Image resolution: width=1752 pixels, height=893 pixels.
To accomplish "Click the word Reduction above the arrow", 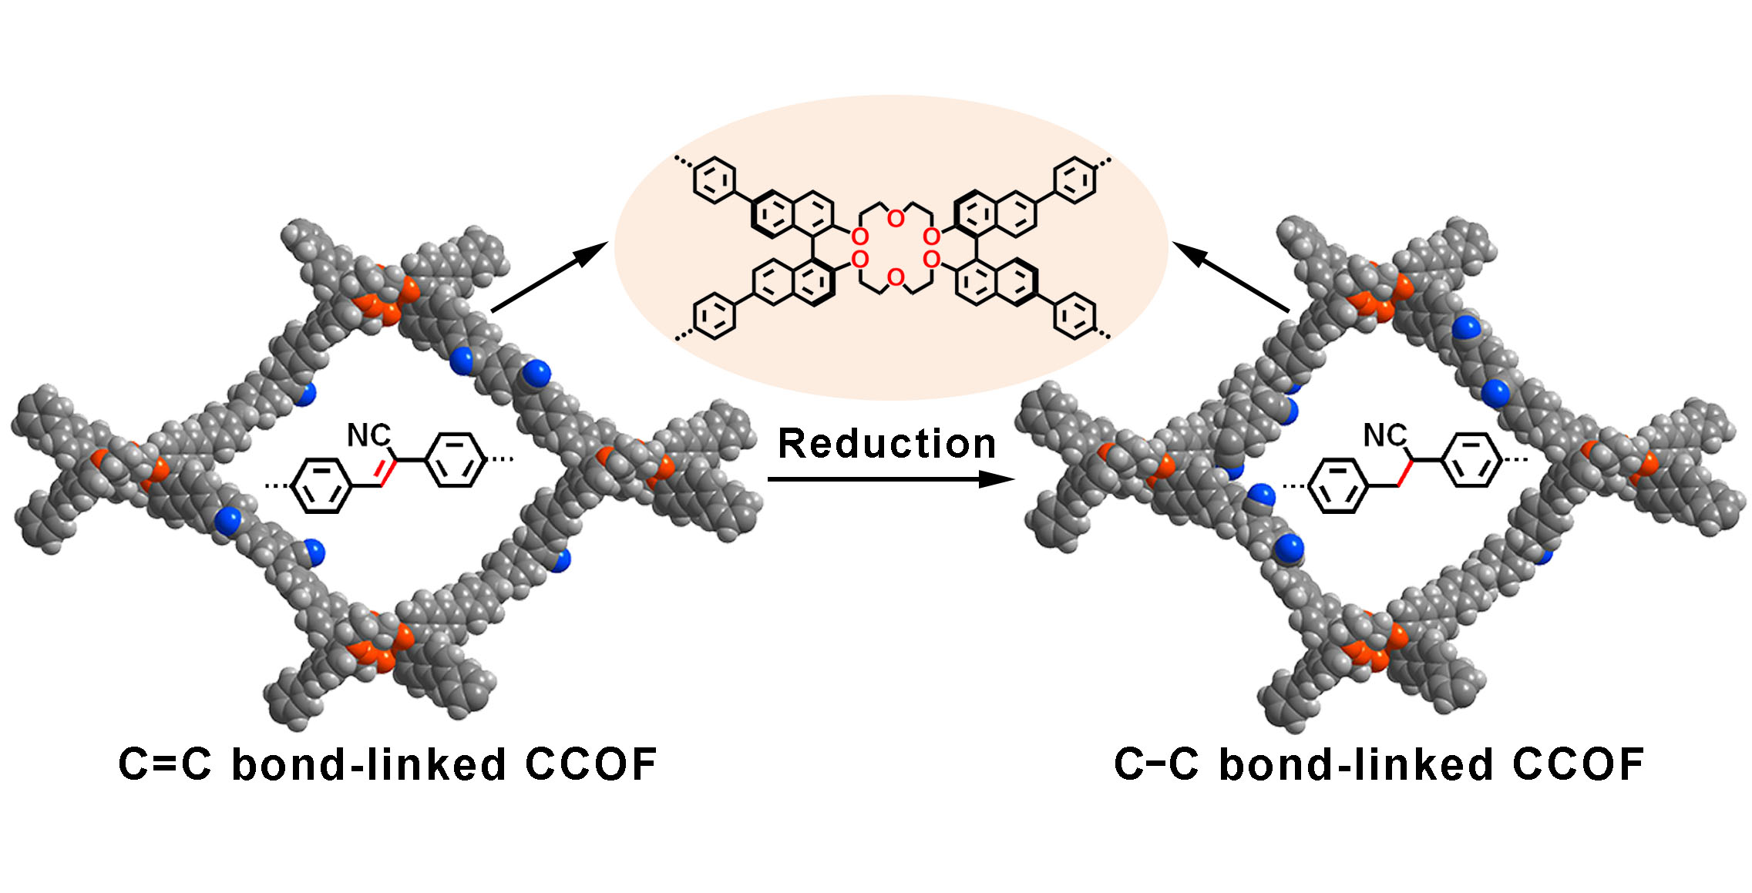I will tap(886, 444).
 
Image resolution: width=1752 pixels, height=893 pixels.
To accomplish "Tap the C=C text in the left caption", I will tap(165, 764).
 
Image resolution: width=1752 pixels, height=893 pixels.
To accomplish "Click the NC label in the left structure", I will tap(368, 435).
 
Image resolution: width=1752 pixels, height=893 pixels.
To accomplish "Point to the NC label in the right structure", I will tap(1384, 435).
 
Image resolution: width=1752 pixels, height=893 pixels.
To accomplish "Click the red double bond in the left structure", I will tap(387, 472).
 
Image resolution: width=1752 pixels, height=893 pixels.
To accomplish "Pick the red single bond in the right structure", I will tap(1404, 472).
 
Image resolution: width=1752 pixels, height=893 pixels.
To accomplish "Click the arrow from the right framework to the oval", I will tap(1231, 277).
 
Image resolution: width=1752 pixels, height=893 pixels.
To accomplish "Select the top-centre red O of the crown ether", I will tap(895, 219).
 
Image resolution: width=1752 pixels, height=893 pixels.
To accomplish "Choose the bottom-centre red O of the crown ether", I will tap(895, 277).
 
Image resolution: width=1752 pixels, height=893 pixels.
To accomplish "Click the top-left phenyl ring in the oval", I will tap(715, 180).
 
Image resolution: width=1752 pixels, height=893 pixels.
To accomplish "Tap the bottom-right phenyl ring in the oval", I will tap(1074, 315).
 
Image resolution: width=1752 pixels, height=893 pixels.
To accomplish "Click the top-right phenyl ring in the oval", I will tap(1074, 180).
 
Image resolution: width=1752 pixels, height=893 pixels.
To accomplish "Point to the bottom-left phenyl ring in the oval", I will tap(715, 315).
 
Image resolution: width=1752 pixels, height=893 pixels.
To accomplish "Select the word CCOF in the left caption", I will tap(590, 764).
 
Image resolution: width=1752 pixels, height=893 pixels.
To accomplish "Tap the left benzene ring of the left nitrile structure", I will tap(323, 485).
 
